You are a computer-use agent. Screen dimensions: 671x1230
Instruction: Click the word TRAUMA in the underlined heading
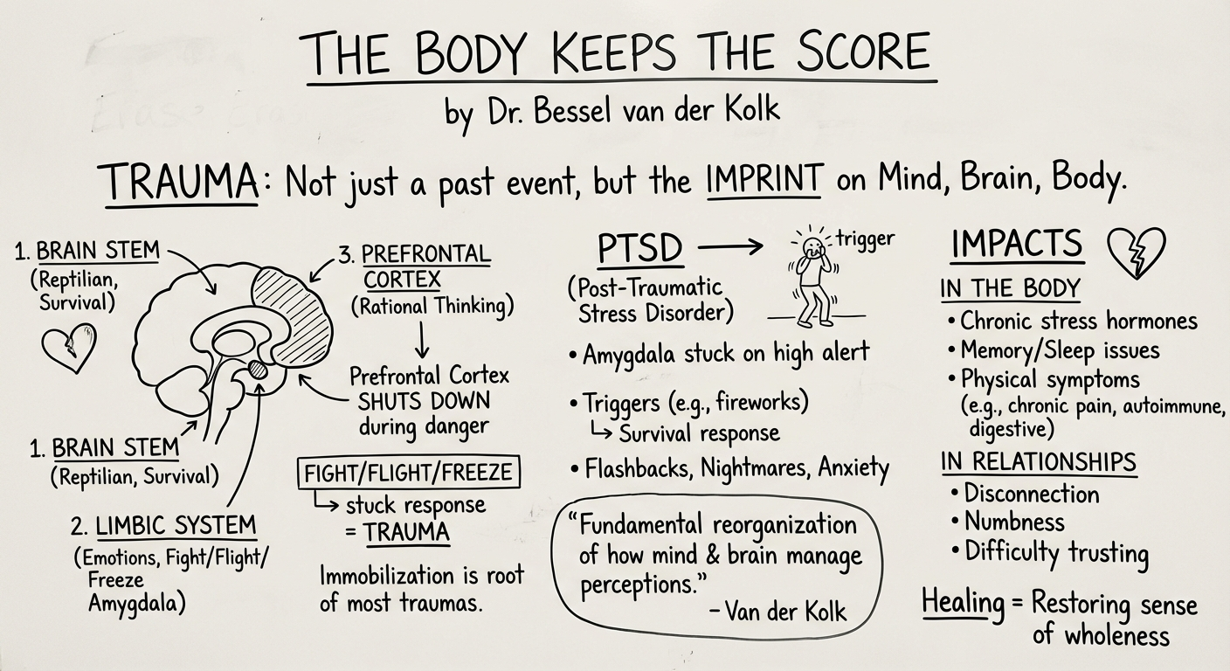click(x=182, y=184)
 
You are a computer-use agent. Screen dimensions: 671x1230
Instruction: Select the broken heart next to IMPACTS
click(x=1135, y=252)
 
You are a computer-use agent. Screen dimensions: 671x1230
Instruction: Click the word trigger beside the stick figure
click(x=865, y=239)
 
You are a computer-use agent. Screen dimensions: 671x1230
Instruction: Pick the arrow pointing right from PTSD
click(x=732, y=248)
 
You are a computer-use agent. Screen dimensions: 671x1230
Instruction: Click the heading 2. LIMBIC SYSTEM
click(x=163, y=527)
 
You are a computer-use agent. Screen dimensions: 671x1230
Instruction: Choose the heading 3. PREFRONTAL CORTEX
click(x=414, y=267)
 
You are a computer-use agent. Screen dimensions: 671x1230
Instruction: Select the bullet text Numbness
click(x=1014, y=522)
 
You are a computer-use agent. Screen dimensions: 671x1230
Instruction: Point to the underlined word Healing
click(x=963, y=603)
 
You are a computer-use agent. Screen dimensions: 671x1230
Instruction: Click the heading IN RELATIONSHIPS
click(x=1038, y=462)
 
